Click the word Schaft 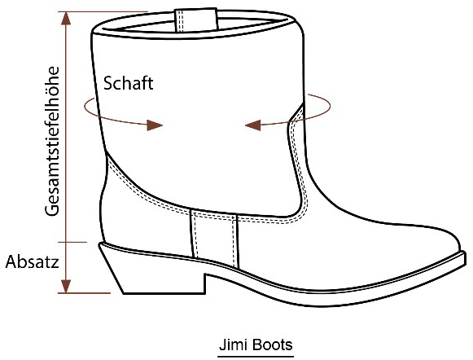[128, 83]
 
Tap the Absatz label [32, 261]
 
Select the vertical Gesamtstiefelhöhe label [52, 141]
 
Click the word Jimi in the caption [232, 345]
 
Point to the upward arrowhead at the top [66, 18]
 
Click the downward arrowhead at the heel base [66, 286]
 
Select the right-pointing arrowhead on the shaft [155, 125]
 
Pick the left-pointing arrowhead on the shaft [253, 125]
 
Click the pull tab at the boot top [196, 20]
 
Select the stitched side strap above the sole [214, 239]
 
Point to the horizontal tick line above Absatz [72, 242]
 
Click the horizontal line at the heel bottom [84, 293]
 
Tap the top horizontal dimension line [103, 11]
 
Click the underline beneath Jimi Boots [256, 357]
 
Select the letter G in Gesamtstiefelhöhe [52, 210]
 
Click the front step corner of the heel [206, 274]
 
